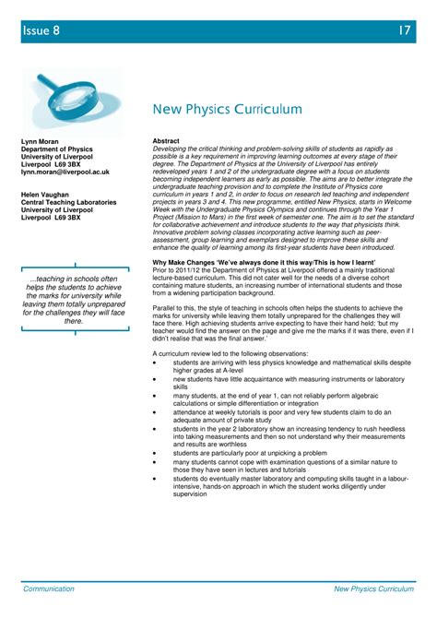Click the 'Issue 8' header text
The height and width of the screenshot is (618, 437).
pos(41,31)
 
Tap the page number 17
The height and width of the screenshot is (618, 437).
pos(404,31)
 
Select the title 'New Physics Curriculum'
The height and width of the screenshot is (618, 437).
pos(228,109)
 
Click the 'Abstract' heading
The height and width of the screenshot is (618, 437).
pos(167,141)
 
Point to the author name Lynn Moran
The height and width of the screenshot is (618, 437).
pos(41,141)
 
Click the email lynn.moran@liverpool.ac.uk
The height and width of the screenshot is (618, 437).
pos(66,172)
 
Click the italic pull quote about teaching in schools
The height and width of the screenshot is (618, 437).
pos(73,300)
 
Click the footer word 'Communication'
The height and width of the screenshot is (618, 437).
pos(49,587)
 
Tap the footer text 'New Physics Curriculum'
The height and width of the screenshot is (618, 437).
pos(371,587)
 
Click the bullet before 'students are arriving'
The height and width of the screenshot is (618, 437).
pos(156,363)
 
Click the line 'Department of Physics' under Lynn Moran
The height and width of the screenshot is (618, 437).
pos(57,149)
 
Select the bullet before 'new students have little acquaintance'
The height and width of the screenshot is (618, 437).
pos(156,379)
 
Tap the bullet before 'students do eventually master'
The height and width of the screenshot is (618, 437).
pos(156,479)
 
